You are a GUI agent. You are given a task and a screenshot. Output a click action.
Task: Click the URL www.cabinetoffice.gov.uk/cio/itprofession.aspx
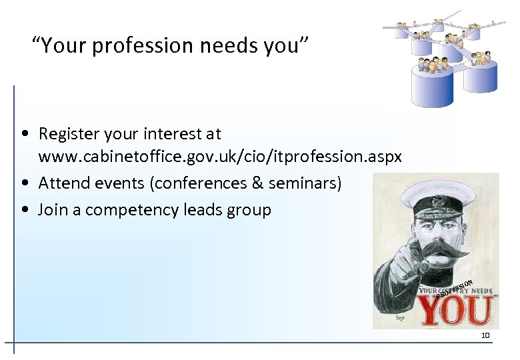220,157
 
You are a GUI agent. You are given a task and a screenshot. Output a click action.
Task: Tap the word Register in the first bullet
69,134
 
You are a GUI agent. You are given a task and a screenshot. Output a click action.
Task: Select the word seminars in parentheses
305,183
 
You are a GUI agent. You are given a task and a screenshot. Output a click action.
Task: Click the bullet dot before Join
24,211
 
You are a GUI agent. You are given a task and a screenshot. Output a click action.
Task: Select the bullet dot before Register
24,134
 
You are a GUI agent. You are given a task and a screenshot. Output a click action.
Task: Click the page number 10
485,335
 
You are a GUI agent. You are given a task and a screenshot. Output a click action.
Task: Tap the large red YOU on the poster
455,311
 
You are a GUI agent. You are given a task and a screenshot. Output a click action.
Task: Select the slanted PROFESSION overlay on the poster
455,288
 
